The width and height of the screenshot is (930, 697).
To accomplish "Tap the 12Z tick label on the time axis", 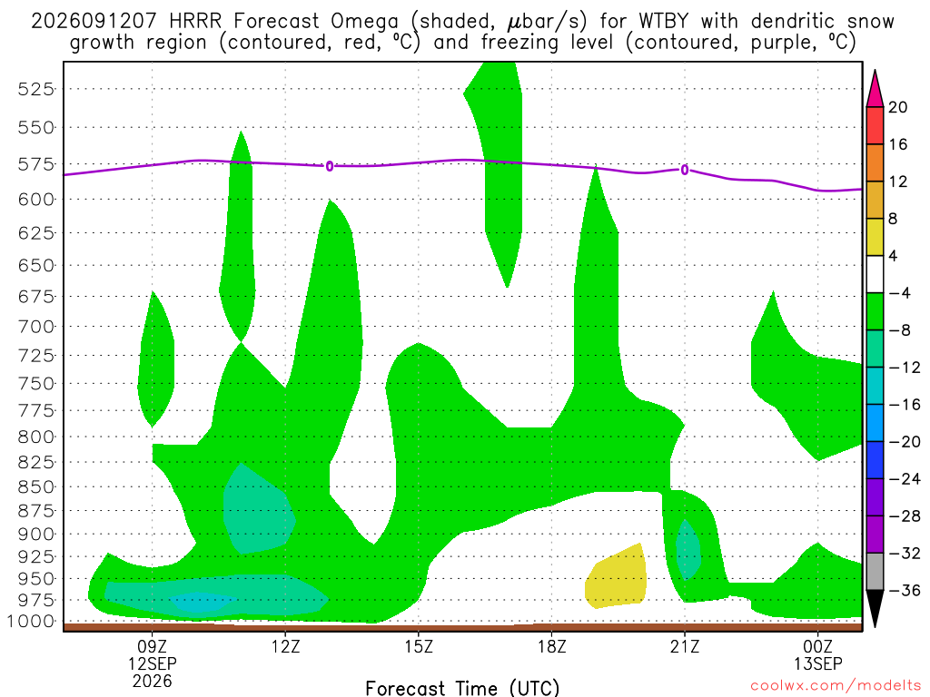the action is click(x=285, y=646).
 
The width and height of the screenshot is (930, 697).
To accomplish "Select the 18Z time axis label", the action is click(x=551, y=646).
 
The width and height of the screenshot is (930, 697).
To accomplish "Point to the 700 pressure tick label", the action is click(x=35, y=326).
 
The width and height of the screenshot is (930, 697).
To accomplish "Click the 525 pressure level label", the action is click(x=35, y=89).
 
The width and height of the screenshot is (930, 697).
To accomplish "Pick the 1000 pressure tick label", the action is click(x=30, y=621).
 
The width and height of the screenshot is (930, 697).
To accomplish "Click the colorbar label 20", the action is click(x=898, y=107).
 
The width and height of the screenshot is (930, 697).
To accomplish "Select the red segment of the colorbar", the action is click(x=875, y=125).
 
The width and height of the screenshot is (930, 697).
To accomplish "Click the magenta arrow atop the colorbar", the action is click(x=875, y=90).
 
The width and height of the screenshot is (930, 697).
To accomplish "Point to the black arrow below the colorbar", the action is click(x=875, y=608).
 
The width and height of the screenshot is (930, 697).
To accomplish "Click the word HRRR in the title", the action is click(x=195, y=22).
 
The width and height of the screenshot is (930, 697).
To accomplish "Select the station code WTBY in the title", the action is click(x=664, y=22).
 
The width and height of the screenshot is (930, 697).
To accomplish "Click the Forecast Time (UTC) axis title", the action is click(x=462, y=688).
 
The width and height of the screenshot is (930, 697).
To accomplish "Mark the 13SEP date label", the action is click(x=818, y=663).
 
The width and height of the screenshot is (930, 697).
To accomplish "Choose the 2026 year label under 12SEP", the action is click(x=153, y=682).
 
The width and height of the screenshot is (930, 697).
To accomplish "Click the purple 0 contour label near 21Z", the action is click(x=685, y=170).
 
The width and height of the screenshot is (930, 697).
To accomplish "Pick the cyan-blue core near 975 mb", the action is click(x=200, y=602).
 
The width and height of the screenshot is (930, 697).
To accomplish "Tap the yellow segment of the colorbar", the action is click(x=875, y=237).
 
